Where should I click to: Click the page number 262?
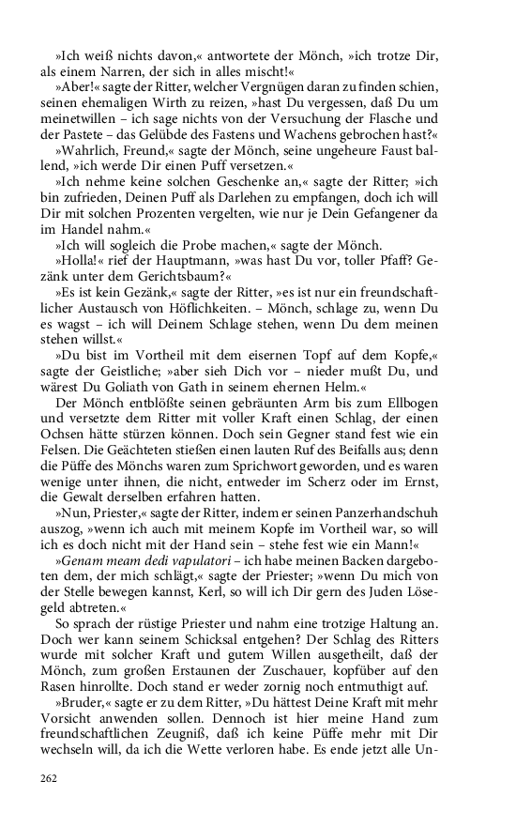pos(48,778)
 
